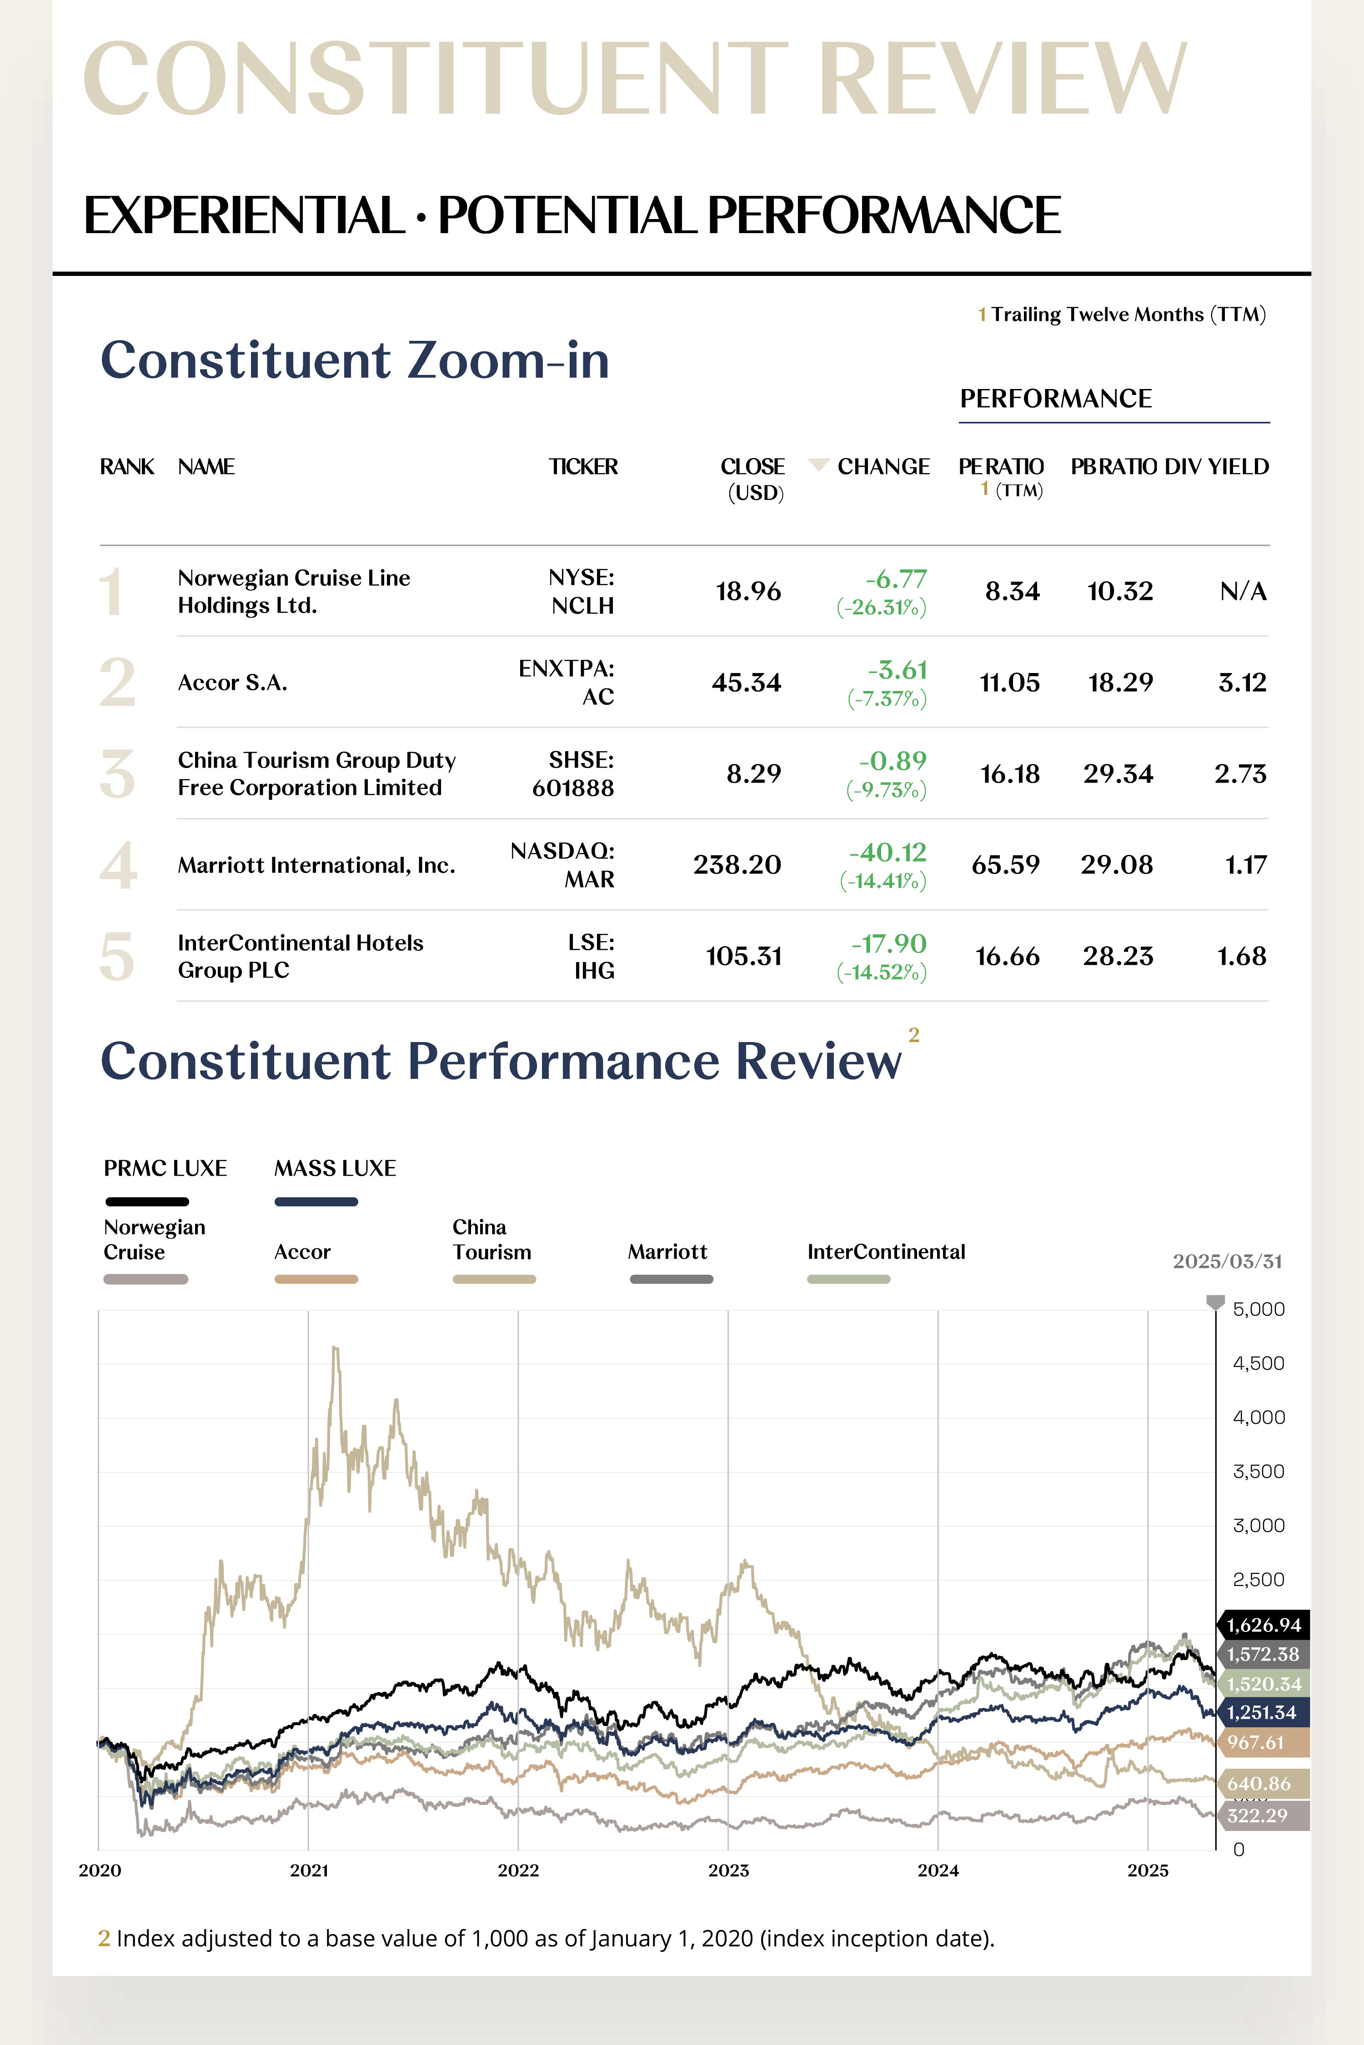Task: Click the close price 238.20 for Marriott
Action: click(x=737, y=865)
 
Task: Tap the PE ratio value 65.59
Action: click(x=1006, y=865)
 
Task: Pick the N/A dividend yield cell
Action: click(x=1243, y=591)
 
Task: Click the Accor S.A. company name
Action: click(x=232, y=683)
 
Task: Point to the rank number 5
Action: click(x=117, y=957)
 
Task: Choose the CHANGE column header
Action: click(x=883, y=467)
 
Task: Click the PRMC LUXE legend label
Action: click(x=165, y=1168)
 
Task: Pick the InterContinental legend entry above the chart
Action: click(x=886, y=1252)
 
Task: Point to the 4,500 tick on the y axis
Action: click(x=1258, y=1363)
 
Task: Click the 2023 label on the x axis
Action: click(x=728, y=1870)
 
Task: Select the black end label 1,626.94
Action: click(x=1263, y=1625)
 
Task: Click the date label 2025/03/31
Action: click(x=1227, y=1262)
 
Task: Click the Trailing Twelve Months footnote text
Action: click(x=1128, y=315)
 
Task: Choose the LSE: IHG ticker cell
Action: click(x=592, y=957)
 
